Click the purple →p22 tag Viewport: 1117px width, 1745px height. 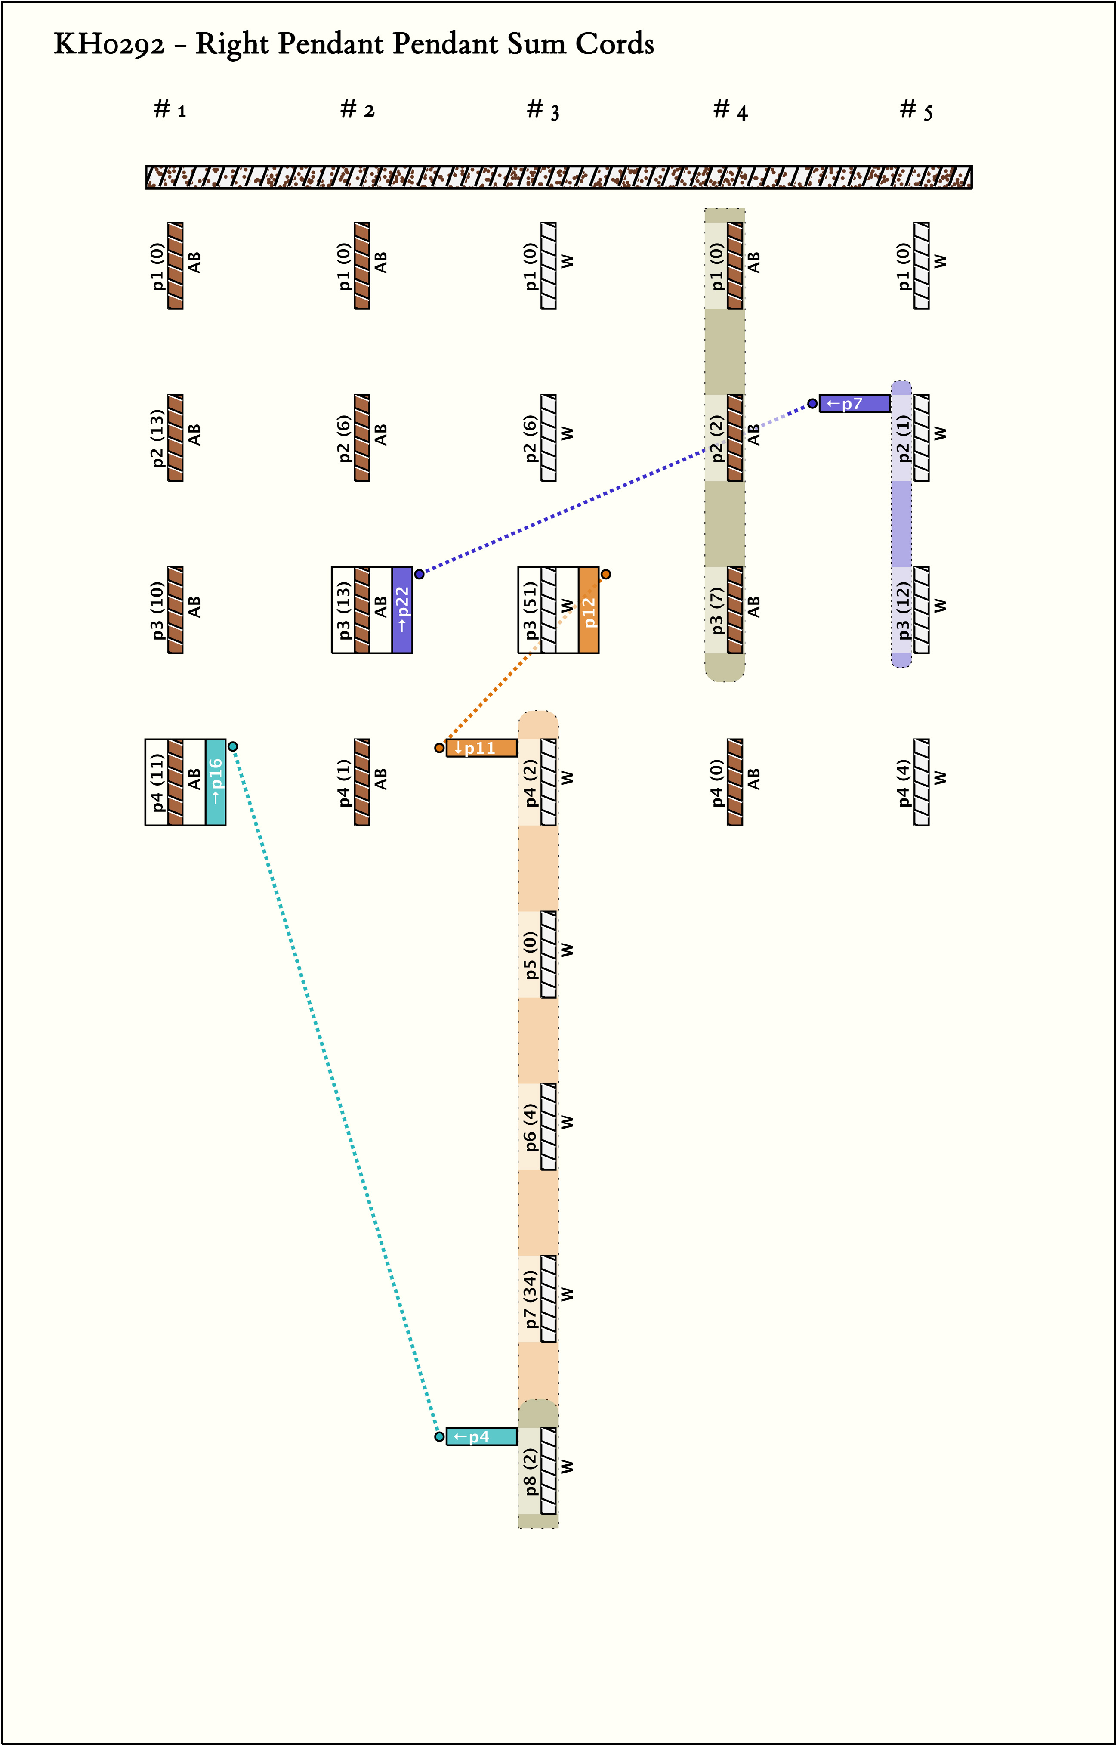(402, 610)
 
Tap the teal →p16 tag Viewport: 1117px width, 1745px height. (216, 782)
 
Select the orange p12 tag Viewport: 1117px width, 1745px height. (588, 610)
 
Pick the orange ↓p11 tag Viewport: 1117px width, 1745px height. (481, 748)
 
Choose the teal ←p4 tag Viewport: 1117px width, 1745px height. (481, 1437)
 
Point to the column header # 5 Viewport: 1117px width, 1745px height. (916, 110)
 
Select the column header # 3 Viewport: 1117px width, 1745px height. (543, 110)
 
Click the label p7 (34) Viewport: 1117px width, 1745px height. (530, 1299)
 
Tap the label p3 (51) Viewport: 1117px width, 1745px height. (530, 610)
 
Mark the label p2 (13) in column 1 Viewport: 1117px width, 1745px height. (157, 438)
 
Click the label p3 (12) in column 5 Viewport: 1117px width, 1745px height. (903, 610)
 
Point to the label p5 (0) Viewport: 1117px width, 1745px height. (530, 955)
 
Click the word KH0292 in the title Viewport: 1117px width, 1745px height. (109, 45)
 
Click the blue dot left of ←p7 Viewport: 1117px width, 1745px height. (812, 403)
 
